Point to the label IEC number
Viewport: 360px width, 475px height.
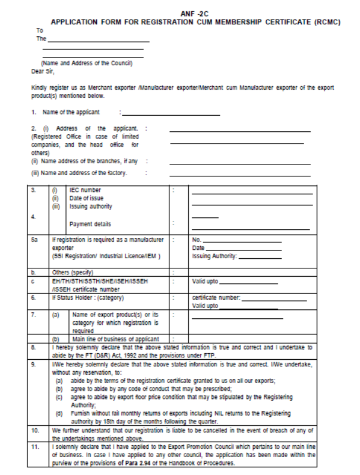coord(86,191)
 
